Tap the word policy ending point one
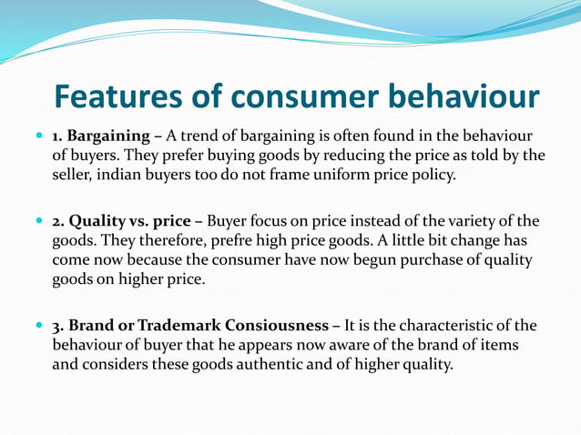(x=433, y=175)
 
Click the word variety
(x=464, y=221)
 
